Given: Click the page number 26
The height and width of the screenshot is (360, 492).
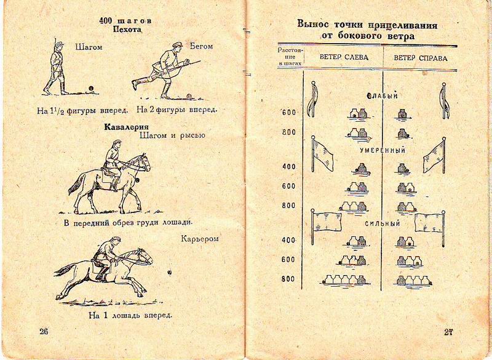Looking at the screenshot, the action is click(44, 331).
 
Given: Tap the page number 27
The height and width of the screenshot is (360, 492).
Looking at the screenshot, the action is click(449, 332).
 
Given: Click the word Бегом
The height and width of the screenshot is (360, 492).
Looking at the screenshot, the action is click(201, 46).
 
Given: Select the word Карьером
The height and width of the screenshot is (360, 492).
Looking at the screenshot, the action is click(200, 239).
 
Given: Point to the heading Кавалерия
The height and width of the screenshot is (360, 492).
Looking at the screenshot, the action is click(127, 127).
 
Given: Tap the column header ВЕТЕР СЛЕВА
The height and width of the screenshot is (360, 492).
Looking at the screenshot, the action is click(344, 57).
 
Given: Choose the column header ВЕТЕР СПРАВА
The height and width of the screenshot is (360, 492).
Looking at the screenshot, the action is click(421, 58).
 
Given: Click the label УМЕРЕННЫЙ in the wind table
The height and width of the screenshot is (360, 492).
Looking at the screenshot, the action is click(383, 150).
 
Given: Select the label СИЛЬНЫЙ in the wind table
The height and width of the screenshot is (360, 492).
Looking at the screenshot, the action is click(383, 223).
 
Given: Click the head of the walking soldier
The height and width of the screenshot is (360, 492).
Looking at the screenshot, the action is click(59, 46).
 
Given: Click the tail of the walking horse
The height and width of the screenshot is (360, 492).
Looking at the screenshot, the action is click(76, 183).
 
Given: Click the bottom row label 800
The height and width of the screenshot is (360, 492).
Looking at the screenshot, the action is click(288, 279).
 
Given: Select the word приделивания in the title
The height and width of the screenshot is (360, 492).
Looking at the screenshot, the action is click(403, 25).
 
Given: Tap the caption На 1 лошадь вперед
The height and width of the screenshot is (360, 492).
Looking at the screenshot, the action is click(130, 315).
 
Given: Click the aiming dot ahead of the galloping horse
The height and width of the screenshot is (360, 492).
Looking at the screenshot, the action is click(170, 273).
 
